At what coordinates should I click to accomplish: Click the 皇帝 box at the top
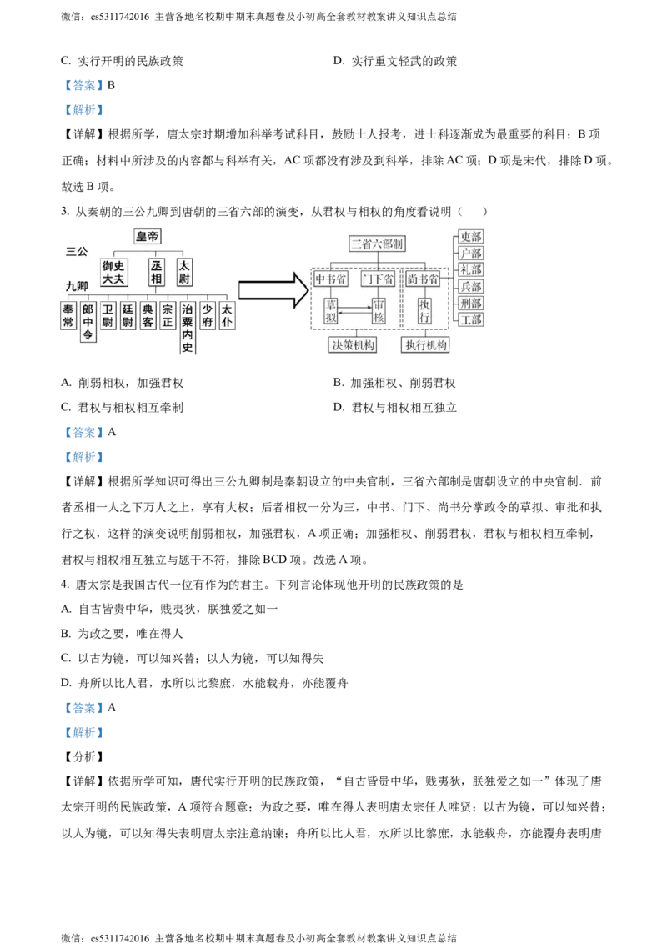point(148,237)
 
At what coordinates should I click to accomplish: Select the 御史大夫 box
point(113,272)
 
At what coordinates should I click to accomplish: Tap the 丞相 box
point(158,272)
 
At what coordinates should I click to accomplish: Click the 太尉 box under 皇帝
point(184,272)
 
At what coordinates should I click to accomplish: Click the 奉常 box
point(68,315)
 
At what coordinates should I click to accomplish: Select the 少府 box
point(208,315)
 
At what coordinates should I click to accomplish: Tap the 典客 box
point(148,315)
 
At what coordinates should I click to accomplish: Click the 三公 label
point(76,251)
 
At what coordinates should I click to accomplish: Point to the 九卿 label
point(77,286)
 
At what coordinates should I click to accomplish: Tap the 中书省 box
point(332,279)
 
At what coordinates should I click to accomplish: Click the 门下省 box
point(379,279)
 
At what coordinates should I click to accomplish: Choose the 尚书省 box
point(424,279)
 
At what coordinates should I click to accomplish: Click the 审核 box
point(380,311)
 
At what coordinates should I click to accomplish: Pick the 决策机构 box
point(353,346)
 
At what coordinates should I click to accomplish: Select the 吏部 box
point(471,237)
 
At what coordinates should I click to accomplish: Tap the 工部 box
point(471,319)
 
